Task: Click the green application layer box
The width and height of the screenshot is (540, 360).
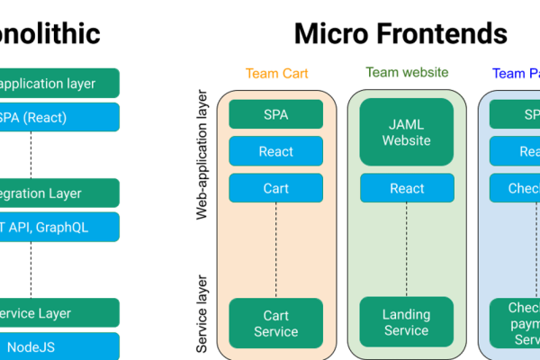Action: pyautogui.click(x=58, y=84)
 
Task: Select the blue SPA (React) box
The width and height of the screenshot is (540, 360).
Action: pyautogui.click(x=58, y=117)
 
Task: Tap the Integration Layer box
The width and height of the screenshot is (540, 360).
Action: pyautogui.click(x=58, y=193)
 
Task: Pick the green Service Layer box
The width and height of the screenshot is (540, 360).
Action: pyautogui.click(x=58, y=313)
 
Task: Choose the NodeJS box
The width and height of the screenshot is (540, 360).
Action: pyautogui.click(x=58, y=346)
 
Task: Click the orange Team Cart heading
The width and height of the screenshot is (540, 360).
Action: pyautogui.click(x=275, y=74)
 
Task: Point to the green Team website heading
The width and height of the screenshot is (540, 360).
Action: pyautogui.click(x=407, y=73)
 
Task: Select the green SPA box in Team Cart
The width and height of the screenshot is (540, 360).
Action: pyautogui.click(x=275, y=114)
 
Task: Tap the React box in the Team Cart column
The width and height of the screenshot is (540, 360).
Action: pyautogui.click(x=275, y=151)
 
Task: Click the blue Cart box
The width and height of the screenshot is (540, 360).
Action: pyautogui.click(x=275, y=188)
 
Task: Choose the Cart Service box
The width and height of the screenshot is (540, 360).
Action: pyautogui.click(x=275, y=323)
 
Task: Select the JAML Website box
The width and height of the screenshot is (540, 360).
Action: pyautogui.click(x=407, y=132)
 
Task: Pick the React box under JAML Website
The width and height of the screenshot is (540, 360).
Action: pyautogui.click(x=407, y=188)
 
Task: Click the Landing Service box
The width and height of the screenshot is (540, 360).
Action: pyautogui.click(x=407, y=323)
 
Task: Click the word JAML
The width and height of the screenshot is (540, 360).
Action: pyautogui.click(x=407, y=123)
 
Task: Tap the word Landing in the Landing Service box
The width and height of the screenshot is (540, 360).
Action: pyautogui.click(x=407, y=315)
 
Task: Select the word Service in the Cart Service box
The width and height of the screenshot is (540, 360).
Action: pyautogui.click(x=275, y=331)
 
